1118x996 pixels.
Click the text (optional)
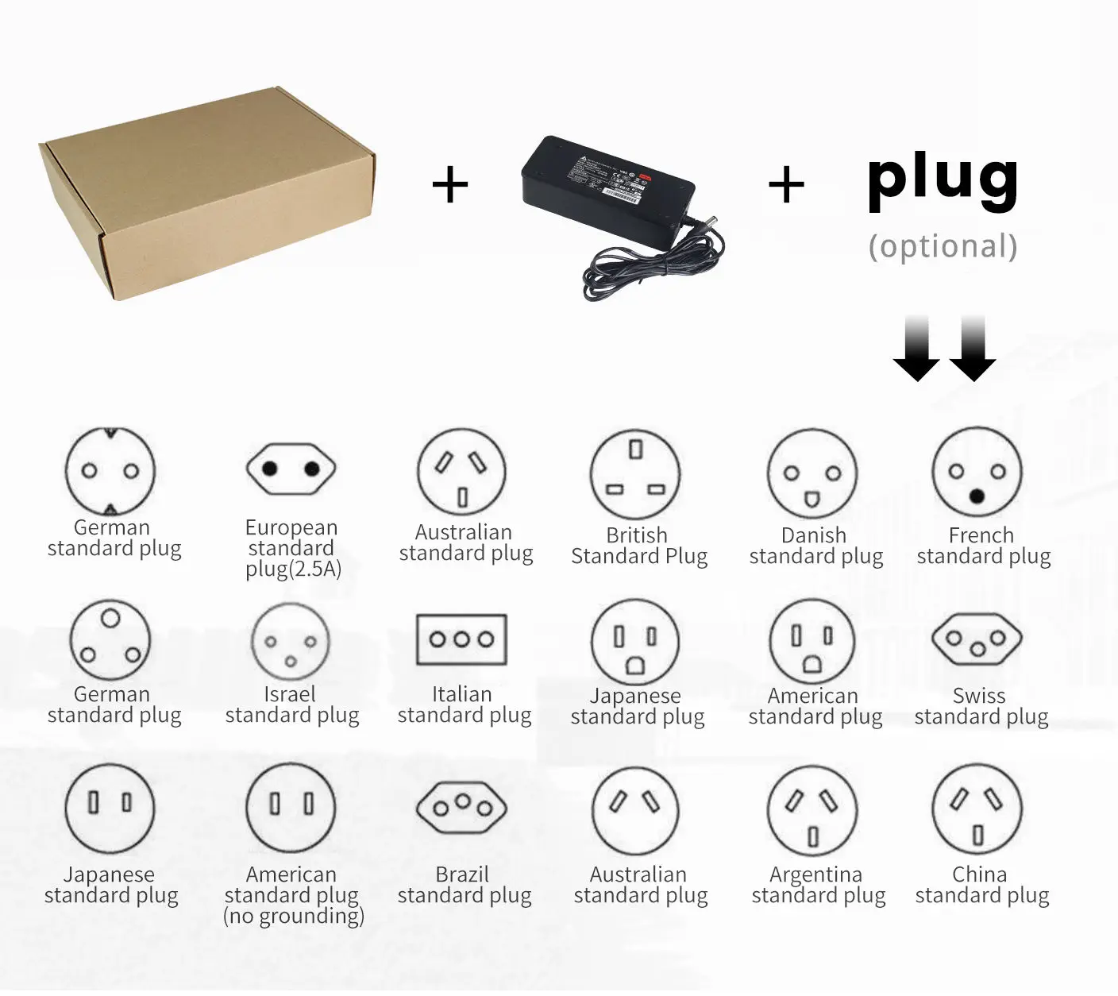[x=943, y=246]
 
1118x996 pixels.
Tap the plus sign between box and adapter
[x=450, y=186]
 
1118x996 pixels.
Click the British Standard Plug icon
[x=636, y=474]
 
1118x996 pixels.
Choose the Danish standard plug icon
[x=812, y=474]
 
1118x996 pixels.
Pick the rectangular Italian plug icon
[x=461, y=639]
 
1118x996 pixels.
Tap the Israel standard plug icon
[x=290, y=642]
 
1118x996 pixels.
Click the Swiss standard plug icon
[x=977, y=640]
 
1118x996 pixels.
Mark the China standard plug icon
[x=977, y=809]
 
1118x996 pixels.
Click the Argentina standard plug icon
[x=812, y=810]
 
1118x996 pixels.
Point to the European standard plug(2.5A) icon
[x=291, y=469]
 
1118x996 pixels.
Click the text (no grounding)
[x=293, y=917]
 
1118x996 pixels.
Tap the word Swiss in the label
[x=979, y=696]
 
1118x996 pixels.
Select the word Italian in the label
[x=462, y=694]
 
